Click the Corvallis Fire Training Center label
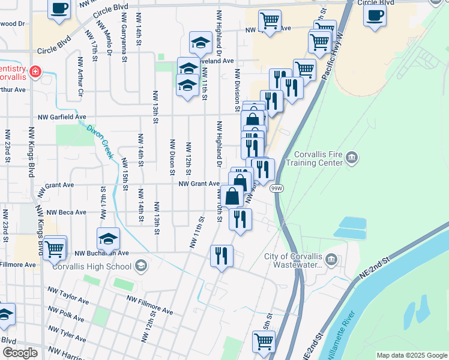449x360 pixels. [x=314, y=158]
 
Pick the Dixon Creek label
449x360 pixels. [x=100, y=141]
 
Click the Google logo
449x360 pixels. [x=20, y=352]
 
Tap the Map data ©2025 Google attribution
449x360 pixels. [x=411, y=355]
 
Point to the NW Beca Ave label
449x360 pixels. [x=67, y=212]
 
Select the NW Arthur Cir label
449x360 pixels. [x=79, y=77]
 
